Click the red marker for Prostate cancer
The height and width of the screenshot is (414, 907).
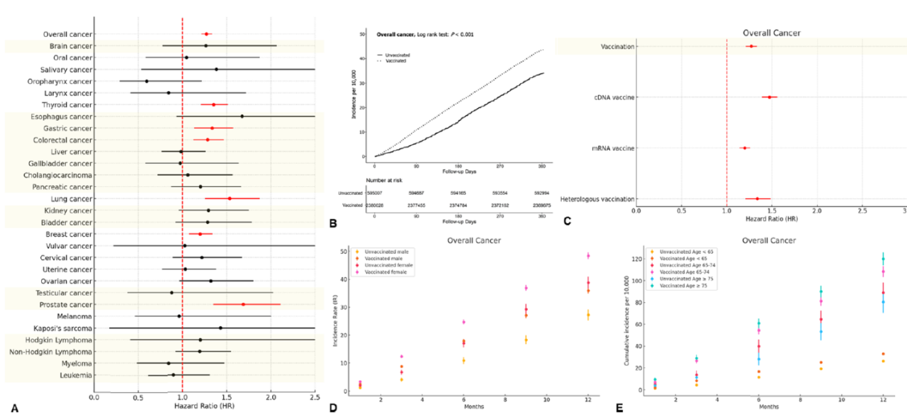pos(243,304)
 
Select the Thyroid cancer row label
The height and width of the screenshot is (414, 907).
pos(62,105)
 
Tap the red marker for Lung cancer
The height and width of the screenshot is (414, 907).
pos(229,198)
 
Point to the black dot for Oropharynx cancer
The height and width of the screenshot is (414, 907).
pos(147,82)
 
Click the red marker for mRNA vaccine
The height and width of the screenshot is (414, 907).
pos(745,148)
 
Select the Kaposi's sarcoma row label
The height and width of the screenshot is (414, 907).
pos(62,328)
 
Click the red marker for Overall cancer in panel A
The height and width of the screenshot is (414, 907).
pos(206,34)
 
